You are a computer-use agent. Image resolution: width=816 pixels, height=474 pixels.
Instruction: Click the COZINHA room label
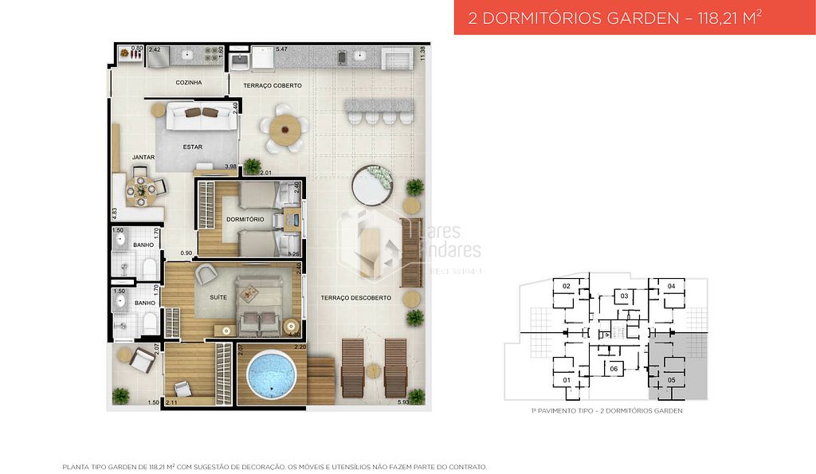pyautogui.click(x=189, y=82)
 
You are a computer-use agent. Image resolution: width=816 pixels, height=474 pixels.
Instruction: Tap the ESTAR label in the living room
pyautogui.click(x=192, y=147)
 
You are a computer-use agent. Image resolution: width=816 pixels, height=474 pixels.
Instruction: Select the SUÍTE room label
pyautogui.click(x=218, y=297)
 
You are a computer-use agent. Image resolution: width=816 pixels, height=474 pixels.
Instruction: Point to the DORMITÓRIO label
pyautogui.click(x=245, y=219)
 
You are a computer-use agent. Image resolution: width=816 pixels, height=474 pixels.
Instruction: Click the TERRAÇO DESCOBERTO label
pyautogui.click(x=356, y=298)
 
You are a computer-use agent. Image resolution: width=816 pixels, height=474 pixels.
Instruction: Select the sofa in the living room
pyautogui.click(x=201, y=118)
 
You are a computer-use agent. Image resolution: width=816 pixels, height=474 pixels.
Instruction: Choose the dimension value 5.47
pyautogui.click(x=281, y=49)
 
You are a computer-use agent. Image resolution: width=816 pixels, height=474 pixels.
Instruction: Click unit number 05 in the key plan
pyautogui.click(x=671, y=380)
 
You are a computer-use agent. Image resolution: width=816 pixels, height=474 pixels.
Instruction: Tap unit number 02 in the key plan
pyautogui.click(x=567, y=285)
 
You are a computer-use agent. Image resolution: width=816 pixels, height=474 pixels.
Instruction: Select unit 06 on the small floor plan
pyautogui.click(x=614, y=370)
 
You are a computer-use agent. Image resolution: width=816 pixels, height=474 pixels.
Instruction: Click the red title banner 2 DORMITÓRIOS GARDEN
pyautogui.click(x=612, y=18)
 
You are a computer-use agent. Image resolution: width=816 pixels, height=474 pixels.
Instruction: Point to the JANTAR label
pyautogui.click(x=143, y=157)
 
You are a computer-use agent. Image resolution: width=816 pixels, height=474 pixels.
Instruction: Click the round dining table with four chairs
pyautogui.click(x=142, y=189)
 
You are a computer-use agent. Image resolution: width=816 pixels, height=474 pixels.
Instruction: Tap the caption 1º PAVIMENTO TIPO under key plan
pyautogui.click(x=606, y=411)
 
